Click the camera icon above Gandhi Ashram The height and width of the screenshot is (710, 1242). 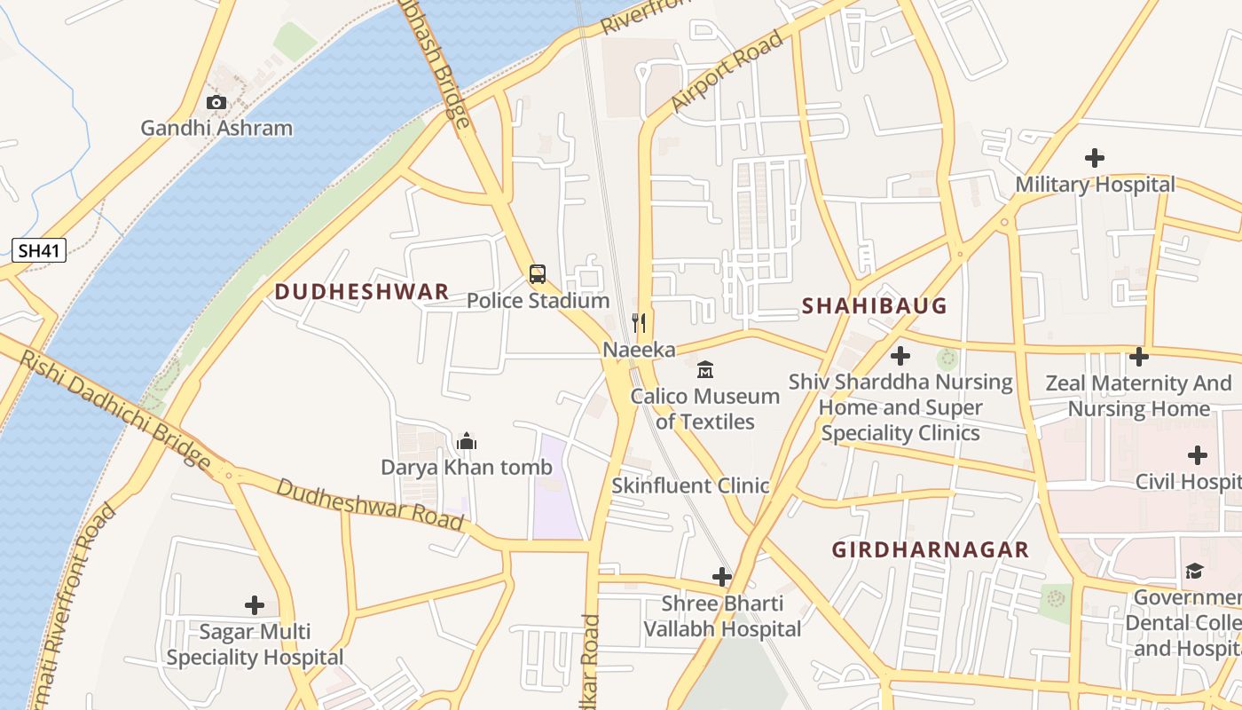click(216, 102)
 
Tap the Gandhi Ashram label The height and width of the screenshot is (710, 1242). click(216, 128)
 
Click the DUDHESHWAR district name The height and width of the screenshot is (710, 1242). click(361, 292)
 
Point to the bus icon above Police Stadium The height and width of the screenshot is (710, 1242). click(538, 273)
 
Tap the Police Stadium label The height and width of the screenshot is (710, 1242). click(538, 301)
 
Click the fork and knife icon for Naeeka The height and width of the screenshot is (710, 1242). click(639, 322)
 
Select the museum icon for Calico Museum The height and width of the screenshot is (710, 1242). click(705, 369)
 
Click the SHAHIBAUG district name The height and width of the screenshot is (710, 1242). click(874, 306)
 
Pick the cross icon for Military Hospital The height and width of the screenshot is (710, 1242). click(1095, 158)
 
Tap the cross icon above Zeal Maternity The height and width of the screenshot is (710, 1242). click(1139, 357)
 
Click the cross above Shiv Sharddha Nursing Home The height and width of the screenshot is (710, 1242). click(900, 356)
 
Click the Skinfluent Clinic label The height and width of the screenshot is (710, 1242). click(690, 485)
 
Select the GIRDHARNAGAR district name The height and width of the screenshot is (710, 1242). click(930, 549)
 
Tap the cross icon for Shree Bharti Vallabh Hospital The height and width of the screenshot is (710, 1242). click(722, 577)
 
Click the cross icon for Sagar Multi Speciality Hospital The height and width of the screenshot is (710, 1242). click(255, 605)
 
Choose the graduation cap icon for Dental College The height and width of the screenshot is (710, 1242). click(1194, 571)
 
